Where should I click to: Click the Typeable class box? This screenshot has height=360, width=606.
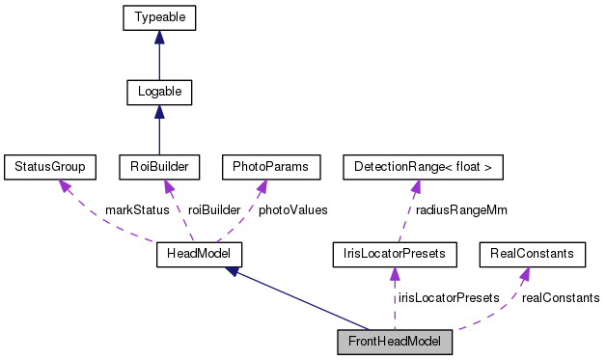tap(159, 17)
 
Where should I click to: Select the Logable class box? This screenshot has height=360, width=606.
tap(159, 93)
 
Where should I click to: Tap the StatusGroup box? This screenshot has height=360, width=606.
tap(44, 167)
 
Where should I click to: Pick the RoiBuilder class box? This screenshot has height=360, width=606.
tap(158, 167)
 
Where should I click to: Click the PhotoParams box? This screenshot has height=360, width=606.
tap(270, 167)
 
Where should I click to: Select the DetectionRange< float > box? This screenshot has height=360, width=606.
tap(423, 167)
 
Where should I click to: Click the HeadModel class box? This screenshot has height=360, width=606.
tap(198, 254)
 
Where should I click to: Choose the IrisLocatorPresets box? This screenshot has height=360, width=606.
tap(394, 254)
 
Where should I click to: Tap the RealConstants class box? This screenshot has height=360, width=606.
tap(532, 254)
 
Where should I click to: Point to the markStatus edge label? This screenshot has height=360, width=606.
tap(137, 210)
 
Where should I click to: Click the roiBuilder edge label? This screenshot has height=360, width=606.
tap(214, 210)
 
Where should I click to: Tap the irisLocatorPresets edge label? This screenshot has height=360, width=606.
tap(449, 297)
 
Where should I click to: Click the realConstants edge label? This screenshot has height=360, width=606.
tap(560, 297)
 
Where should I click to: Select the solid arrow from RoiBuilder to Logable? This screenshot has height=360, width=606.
tap(159, 130)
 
